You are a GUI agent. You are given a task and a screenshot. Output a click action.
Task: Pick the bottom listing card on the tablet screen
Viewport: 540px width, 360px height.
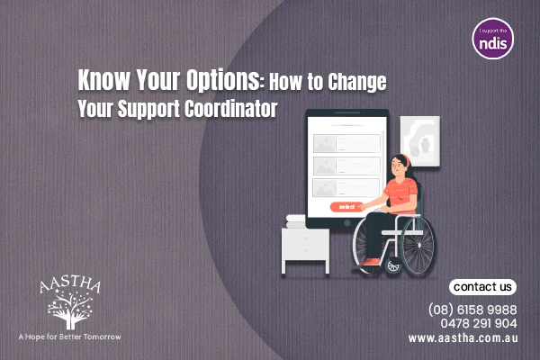(346, 186)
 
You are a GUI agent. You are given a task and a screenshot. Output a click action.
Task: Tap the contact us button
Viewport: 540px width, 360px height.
(483, 287)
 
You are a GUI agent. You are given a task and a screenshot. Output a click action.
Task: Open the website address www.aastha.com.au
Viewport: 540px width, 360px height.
(462, 338)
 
